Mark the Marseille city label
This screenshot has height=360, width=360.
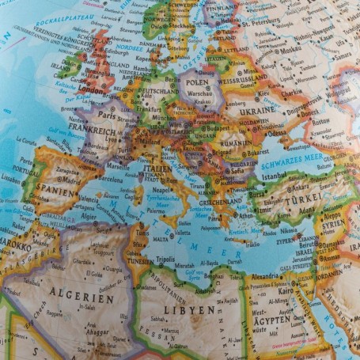(116, 166)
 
